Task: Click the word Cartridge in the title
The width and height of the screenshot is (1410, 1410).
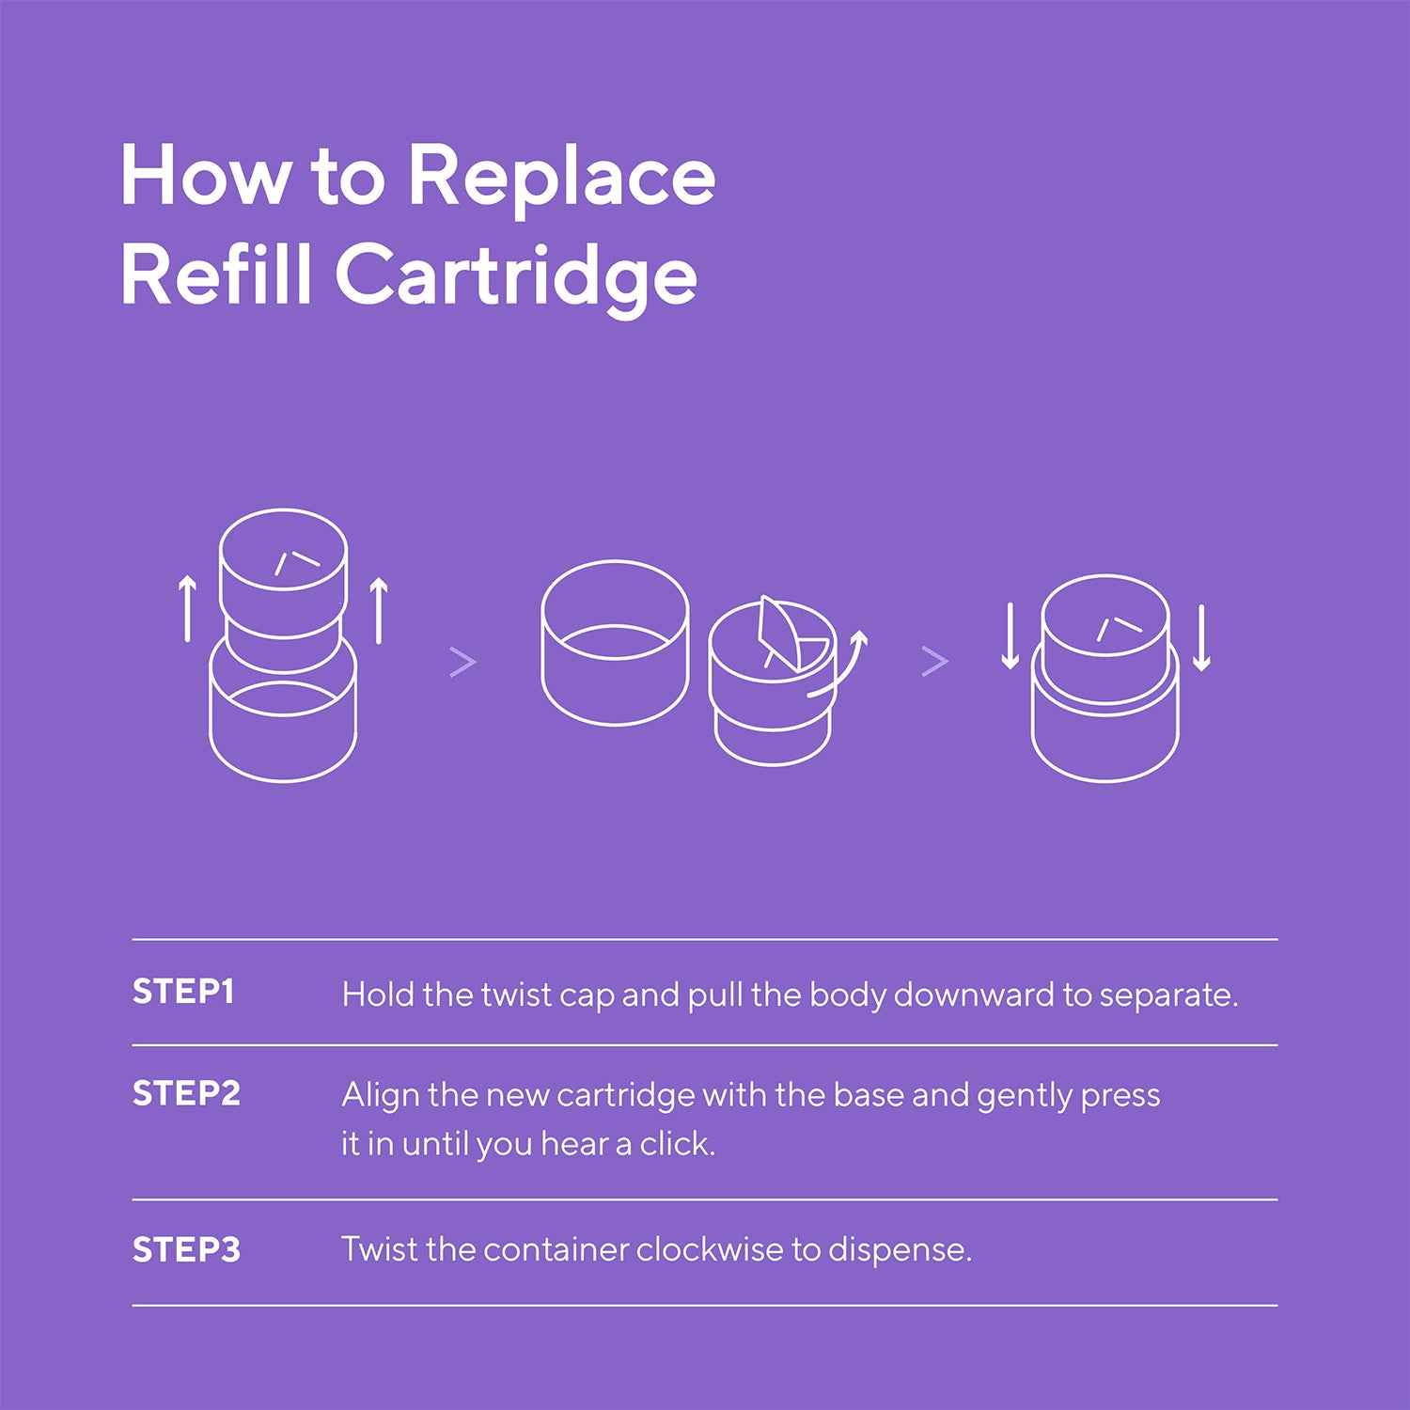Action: pyautogui.click(x=516, y=276)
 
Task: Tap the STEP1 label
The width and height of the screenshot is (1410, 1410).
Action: pyautogui.click(x=183, y=992)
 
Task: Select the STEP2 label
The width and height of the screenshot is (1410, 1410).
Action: pyautogui.click(x=186, y=1093)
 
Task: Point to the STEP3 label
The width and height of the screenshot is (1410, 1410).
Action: pyautogui.click(x=186, y=1249)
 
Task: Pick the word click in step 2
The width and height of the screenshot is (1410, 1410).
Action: pyautogui.click(x=677, y=1144)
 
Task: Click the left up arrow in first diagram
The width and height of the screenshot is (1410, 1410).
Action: pyautogui.click(x=188, y=609)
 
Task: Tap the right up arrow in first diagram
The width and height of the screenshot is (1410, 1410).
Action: pyautogui.click(x=379, y=611)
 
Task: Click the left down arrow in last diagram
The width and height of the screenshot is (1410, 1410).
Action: pyautogui.click(x=1010, y=636)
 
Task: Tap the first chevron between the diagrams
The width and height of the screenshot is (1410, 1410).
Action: pyautogui.click(x=462, y=662)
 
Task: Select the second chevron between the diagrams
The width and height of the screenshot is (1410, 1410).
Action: pyautogui.click(x=934, y=662)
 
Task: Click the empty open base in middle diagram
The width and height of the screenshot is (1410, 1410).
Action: pyautogui.click(x=615, y=644)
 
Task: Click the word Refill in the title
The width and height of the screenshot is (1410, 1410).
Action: pyautogui.click(x=216, y=276)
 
